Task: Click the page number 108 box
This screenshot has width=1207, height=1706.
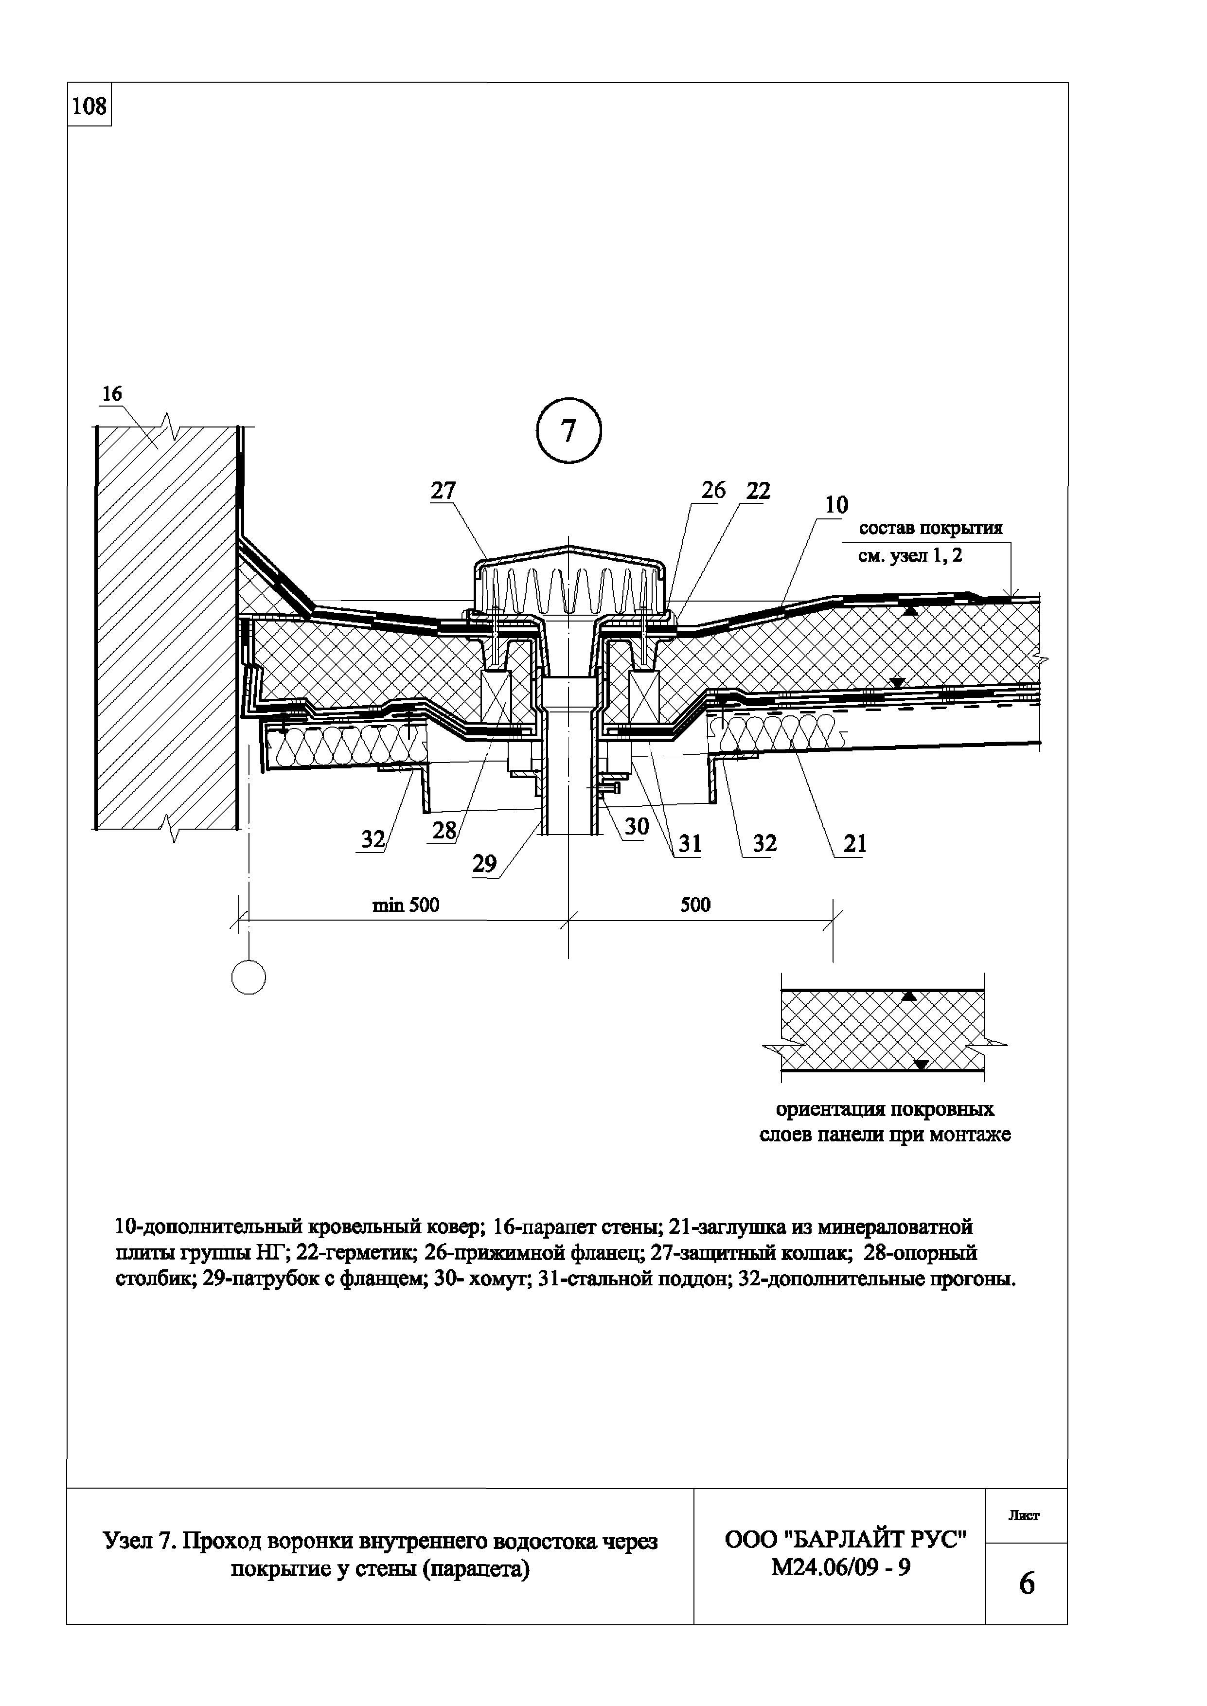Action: [x=89, y=106]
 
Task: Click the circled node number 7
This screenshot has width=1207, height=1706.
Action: [x=568, y=431]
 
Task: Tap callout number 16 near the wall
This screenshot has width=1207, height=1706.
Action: [x=111, y=394]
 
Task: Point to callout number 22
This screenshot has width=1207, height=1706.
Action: [x=759, y=490]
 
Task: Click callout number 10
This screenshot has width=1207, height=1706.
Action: [x=836, y=505]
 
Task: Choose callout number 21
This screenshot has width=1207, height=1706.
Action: [x=855, y=843]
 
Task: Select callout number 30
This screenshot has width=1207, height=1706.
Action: [x=637, y=826]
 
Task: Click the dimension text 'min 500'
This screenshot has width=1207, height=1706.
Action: [x=406, y=905]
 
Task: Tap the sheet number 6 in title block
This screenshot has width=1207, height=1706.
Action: [x=1027, y=1584]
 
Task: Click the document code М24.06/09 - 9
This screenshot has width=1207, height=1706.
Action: [x=841, y=1567]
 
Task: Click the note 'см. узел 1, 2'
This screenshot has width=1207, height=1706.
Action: [x=910, y=556]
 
